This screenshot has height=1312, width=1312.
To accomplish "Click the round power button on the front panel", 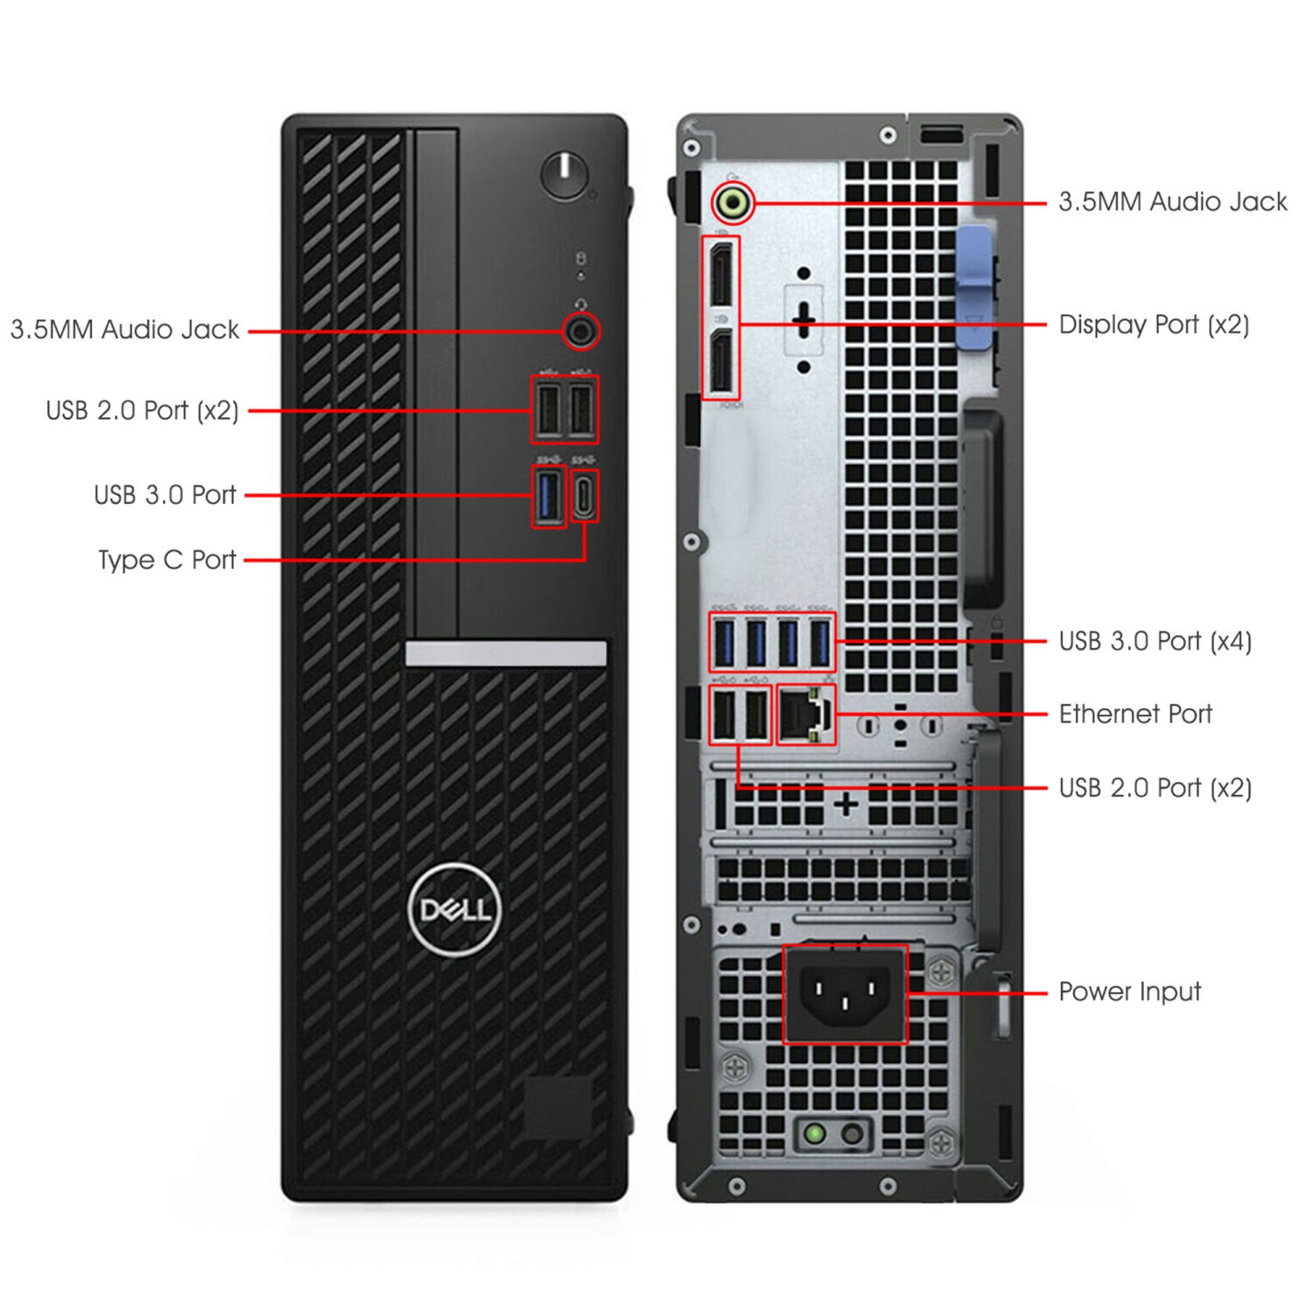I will [564, 174].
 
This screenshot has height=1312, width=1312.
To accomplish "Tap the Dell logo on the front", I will [454, 910].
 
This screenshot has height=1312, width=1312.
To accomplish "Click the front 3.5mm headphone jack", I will [581, 331].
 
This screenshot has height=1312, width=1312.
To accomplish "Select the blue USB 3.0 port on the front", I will [548, 495].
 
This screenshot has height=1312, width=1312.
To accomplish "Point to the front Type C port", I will [584, 495].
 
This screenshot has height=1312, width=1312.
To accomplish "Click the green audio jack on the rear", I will [732, 203].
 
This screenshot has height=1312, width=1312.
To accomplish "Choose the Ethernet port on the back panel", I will [806, 715].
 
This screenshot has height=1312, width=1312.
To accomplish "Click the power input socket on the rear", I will [845, 994].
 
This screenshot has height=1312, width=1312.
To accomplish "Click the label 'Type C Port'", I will [167, 560].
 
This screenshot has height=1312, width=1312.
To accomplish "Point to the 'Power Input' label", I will [1129, 992].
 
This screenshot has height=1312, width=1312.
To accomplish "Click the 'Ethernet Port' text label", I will [1134, 714].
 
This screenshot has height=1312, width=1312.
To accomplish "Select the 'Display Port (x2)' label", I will [1153, 325].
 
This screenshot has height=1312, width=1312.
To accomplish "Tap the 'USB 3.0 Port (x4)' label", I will [1155, 641].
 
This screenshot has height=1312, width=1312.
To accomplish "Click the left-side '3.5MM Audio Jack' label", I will [124, 330].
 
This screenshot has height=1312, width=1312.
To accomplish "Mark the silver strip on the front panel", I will [506, 653].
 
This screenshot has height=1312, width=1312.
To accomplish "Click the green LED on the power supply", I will [814, 1134].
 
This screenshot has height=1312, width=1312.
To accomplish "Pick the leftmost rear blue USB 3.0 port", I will [723, 643].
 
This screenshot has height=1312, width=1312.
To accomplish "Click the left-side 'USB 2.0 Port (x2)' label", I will [142, 410].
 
